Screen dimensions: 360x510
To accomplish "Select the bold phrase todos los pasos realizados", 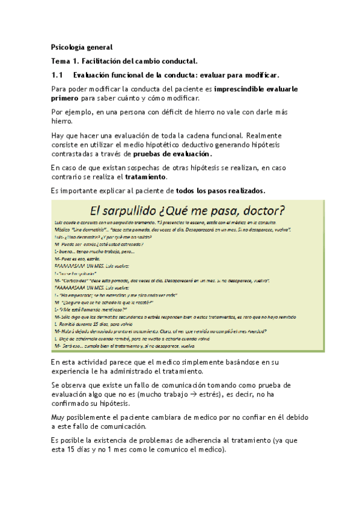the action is tap(220, 191).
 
